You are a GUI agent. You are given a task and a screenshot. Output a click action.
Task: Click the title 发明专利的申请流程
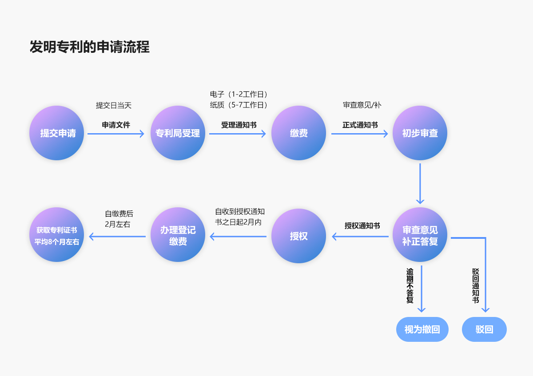point(89,47)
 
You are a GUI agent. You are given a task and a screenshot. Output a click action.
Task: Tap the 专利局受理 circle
point(178,133)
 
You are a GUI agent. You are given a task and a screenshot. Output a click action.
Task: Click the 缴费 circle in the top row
point(298,133)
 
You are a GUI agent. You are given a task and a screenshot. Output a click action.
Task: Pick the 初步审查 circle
point(420,133)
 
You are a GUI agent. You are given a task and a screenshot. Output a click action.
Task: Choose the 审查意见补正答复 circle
point(420,236)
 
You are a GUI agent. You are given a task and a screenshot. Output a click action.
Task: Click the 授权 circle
point(298,236)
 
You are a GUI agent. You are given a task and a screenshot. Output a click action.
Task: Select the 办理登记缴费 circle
point(178,236)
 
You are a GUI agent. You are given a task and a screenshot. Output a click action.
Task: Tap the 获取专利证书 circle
point(57,236)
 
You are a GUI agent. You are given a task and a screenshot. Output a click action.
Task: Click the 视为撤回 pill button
point(422,329)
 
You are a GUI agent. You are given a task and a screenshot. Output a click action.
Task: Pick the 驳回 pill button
point(484,329)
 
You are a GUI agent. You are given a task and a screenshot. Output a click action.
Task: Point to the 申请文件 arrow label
point(116,125)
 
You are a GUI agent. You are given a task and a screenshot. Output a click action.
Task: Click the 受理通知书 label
point(239,125)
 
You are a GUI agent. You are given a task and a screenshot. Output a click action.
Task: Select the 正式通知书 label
point(360,125)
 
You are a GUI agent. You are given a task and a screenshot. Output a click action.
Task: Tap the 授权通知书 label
point(362,226)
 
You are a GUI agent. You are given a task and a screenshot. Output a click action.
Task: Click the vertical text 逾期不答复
point(410,285)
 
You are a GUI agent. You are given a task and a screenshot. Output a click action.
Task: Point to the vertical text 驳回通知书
point(475,285)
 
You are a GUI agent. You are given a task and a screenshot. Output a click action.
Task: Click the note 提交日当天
point(114,106)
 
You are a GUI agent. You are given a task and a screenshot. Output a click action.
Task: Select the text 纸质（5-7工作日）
point(239,105)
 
